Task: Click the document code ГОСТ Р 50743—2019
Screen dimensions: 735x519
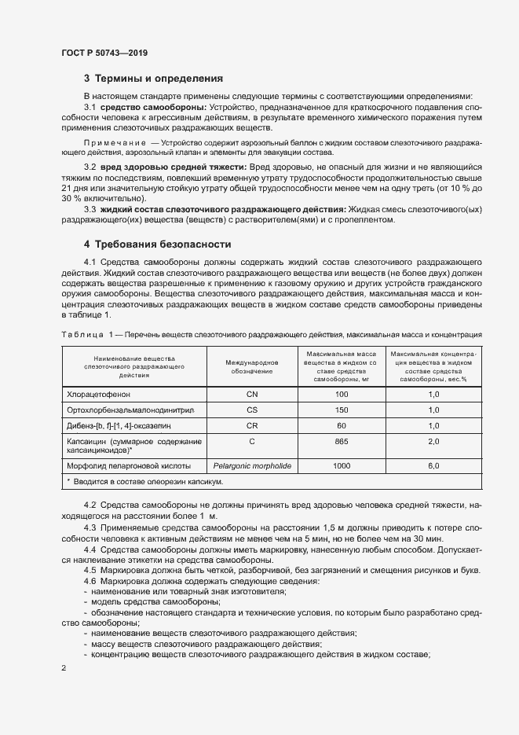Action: (104, 53)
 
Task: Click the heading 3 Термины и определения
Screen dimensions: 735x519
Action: (153, 79)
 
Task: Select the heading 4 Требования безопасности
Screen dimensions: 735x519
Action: (158, 244)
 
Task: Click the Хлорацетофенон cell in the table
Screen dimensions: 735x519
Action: (101, 393)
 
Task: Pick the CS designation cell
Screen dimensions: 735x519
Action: (251, 410)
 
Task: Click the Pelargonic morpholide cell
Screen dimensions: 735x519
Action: (251, 466)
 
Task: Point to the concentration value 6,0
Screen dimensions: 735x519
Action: (433, 466)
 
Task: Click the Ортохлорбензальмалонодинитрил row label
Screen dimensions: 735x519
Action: (131, 410)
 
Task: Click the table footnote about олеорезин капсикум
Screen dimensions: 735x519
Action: (144, 481)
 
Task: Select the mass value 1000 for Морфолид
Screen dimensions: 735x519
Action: (341, 466)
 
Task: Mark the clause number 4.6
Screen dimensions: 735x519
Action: (90, 580)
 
